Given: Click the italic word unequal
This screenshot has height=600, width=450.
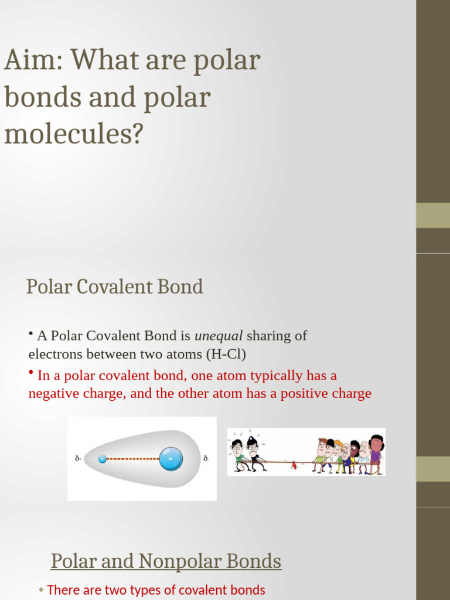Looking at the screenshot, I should (218, 336).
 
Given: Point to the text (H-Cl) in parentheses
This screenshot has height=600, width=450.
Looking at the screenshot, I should (226, 354).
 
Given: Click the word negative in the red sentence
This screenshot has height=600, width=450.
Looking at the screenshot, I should (53, 393).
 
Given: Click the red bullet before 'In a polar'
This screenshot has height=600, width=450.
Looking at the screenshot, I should (31, 373).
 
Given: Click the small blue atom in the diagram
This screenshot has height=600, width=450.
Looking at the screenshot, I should (103, 459).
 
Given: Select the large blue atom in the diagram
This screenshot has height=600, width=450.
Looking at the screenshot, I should (171, 458).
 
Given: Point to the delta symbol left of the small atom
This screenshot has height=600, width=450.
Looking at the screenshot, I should (78, 459).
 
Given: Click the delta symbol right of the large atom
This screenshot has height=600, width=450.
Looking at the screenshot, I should (206, 458).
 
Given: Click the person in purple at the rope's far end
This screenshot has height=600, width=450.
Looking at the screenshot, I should (376, 454).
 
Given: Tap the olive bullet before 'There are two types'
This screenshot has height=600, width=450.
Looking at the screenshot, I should (41, 590).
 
